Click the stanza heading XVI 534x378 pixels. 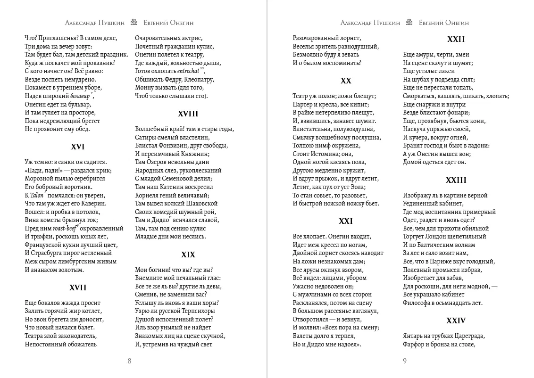click(77, 147)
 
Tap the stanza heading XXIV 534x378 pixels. click(456, 320)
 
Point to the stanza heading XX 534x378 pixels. click(346, 81)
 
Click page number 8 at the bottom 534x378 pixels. click(129, 362)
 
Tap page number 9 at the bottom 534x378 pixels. click(405, 362)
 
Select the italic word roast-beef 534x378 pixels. click(65, 228)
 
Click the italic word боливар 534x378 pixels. click(77, 96)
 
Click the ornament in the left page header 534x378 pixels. click(134, 23)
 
